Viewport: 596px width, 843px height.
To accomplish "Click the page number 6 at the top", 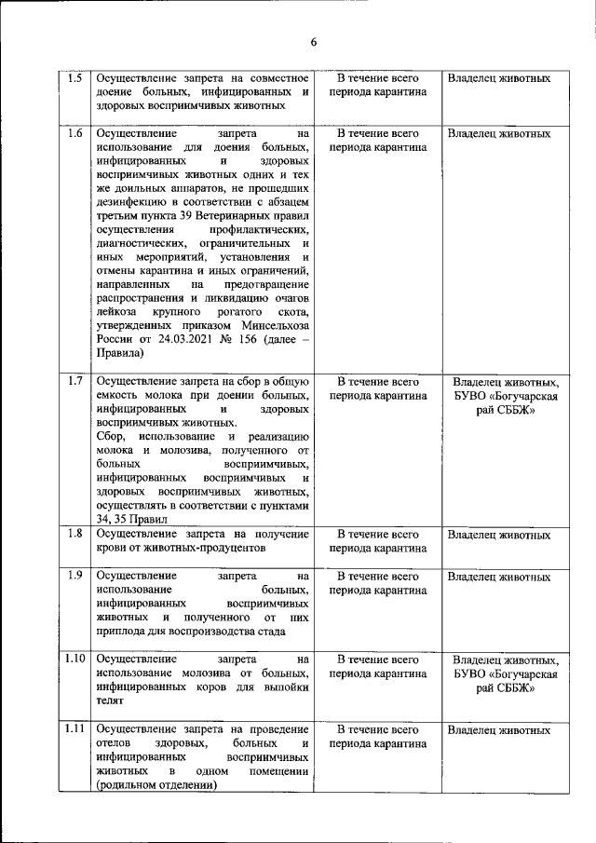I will pos(314,42).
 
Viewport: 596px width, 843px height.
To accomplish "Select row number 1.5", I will pos(74,78).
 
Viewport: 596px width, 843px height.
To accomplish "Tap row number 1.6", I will pos(74,133).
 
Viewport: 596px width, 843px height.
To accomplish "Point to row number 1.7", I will pos(74,382).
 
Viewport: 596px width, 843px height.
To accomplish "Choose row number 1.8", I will pos(74,535).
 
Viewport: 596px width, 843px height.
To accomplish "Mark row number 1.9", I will pos(74,576).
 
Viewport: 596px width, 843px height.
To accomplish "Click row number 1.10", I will pos(74,659).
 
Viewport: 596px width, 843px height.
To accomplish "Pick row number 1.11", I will pos(74,729).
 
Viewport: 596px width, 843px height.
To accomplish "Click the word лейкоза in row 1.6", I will pos(117,311).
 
